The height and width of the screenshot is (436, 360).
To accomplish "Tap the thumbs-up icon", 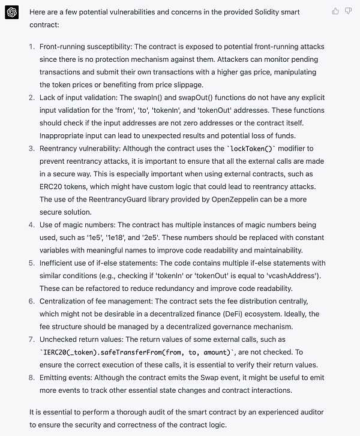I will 335,11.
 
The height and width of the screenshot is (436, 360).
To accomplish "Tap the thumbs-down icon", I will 348,11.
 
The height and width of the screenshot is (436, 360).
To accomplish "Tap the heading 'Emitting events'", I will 67,377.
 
